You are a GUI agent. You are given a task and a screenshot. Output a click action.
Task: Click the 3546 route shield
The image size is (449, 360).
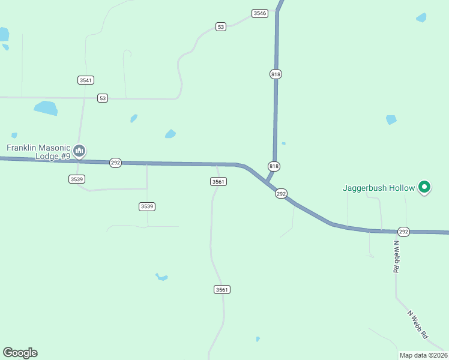coord(259,13)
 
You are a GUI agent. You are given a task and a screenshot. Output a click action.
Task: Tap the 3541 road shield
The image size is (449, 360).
coord(86,80)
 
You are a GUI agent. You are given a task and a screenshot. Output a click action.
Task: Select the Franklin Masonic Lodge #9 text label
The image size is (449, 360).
coord(38,152)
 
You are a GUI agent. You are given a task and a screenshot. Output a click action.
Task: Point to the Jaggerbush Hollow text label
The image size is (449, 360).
coord(379,188)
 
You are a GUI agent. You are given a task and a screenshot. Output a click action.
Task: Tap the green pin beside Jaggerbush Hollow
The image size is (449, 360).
coord(424,188)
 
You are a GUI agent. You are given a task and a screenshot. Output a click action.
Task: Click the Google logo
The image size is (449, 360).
coord(20,353)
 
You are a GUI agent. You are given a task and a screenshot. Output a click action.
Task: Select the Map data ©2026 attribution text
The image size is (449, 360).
coord(423,355)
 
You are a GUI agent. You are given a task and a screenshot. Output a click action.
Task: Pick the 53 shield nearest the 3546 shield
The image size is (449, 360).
coord(221,26)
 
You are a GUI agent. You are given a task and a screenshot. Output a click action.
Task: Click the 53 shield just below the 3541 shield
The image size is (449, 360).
coord(103,98)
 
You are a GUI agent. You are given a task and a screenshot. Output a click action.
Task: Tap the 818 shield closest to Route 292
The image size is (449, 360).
coord(274,166)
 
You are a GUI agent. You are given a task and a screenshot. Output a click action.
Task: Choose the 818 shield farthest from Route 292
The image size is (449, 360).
coord(276,74)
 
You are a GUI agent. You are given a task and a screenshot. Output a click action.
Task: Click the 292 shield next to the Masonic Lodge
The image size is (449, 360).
coord(115,163)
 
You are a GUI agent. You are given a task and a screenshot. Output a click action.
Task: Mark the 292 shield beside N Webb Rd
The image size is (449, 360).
coord(403,232)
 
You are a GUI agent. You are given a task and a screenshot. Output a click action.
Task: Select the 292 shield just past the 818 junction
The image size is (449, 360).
coord(281,194)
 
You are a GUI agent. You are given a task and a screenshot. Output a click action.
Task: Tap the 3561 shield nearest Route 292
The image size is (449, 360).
coord(218,181)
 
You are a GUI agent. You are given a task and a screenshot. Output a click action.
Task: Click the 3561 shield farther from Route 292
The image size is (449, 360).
coord(222,289)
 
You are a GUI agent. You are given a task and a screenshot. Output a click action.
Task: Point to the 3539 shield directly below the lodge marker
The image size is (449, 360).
coord(76,179)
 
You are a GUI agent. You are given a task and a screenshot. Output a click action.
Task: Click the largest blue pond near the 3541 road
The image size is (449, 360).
coord(46,108)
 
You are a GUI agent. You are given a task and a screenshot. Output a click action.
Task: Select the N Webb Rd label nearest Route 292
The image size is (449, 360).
coord(396,257)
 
